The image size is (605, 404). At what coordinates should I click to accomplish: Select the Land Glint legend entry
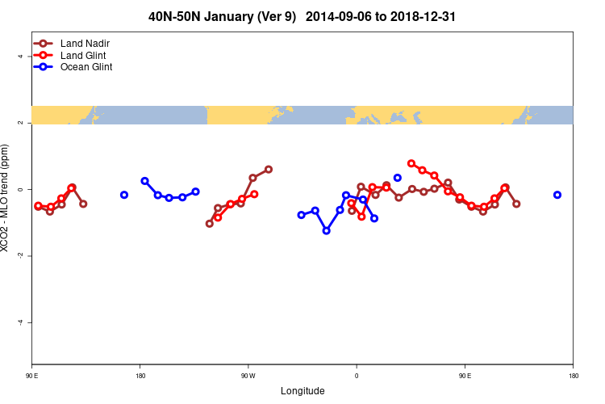click(x=77, y=55)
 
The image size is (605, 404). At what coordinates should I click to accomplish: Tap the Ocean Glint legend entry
click(x=80, y=67)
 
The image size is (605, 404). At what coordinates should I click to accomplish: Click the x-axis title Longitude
click(x=302, y=391)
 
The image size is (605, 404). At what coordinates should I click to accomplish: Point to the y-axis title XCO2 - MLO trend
click(x=6, y=198)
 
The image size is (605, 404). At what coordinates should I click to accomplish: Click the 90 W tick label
click(x=248, y=376)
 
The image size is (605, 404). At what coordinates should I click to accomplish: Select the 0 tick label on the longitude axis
click(x=356, y=376)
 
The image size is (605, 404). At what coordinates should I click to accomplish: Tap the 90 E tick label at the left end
click(x=32, y=376)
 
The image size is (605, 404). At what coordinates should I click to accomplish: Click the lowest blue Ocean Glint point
click(x=326, y=230)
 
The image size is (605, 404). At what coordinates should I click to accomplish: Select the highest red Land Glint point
click(x=411, y=163)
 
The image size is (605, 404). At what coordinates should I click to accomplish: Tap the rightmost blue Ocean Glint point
click(x=557, y=195)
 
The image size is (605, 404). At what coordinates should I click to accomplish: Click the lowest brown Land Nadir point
click(x=210, y=223)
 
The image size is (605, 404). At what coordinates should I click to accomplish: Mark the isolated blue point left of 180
click(x=124, y=195)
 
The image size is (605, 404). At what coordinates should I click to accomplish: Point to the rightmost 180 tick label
click(x=573, y=376)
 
